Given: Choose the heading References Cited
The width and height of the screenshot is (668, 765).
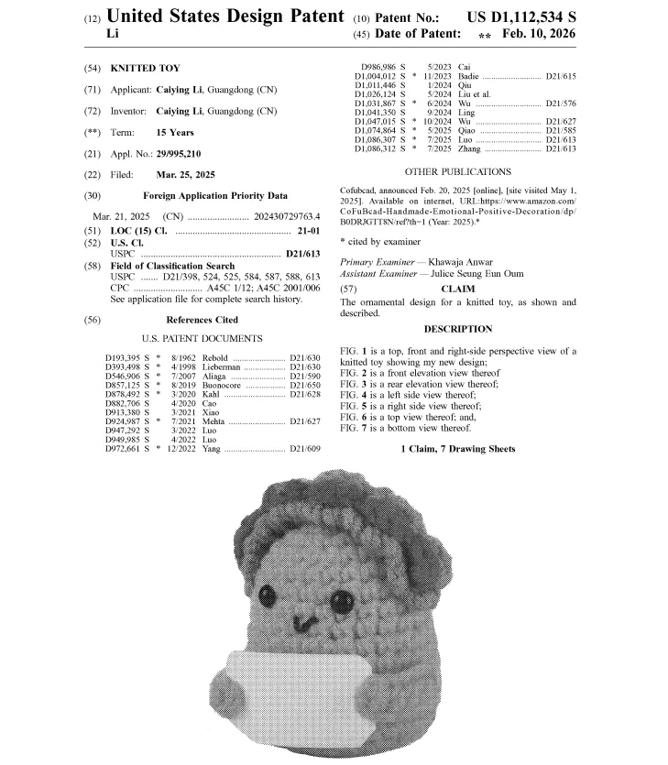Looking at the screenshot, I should tap(202, 320).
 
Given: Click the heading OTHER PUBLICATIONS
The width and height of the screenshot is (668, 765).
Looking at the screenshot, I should tap(457, 171).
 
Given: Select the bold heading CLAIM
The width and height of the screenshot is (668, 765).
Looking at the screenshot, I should tap(458, 288).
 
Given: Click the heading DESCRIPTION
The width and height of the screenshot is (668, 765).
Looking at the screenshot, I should tap(457, 329).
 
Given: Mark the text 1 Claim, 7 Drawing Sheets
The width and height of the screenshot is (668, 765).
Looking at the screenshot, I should tap(457, 449).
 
